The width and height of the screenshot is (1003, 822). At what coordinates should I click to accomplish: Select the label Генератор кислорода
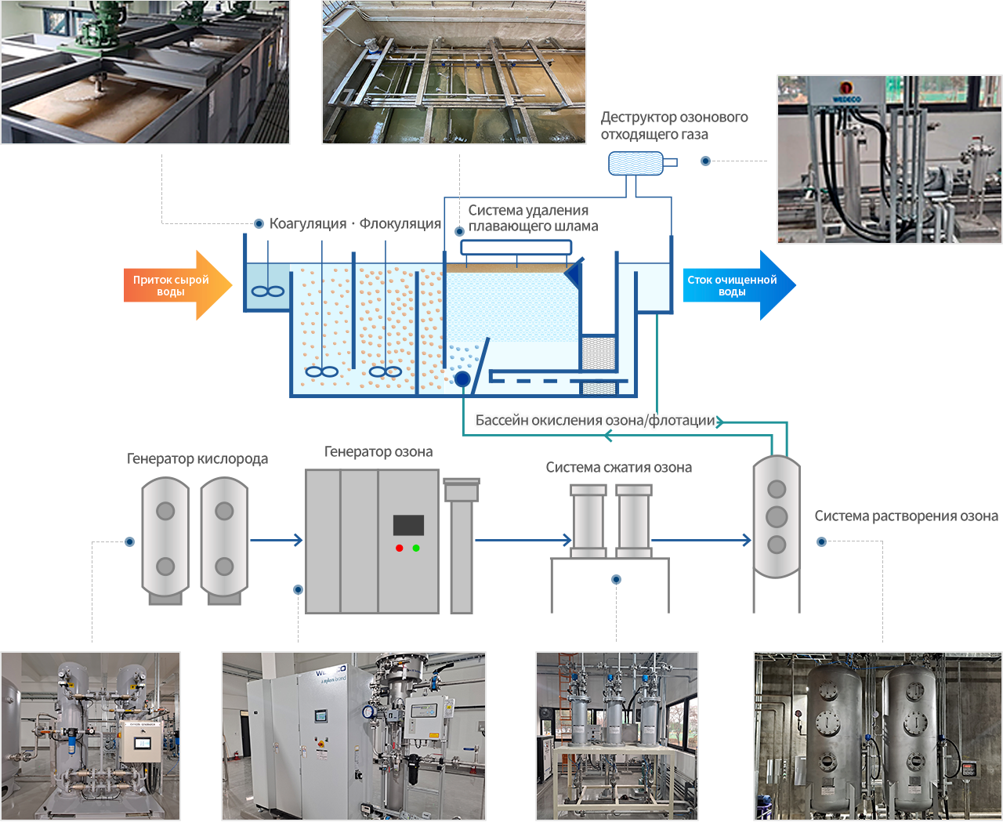tap(197, 459)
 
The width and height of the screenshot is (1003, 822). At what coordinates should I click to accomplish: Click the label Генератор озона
tap(378, 452)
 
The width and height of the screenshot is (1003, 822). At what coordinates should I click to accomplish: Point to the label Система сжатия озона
tap(618, 468)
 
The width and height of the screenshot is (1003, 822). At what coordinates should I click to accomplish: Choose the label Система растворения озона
tap(906, 516)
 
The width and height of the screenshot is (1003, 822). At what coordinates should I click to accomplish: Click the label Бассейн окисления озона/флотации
tap(596, 421)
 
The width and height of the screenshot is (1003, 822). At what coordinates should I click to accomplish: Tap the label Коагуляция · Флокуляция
tap(355, 224)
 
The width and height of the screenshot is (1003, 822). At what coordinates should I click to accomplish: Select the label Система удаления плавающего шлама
tap(533, 219)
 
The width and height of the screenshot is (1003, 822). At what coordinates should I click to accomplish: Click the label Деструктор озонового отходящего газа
tap(674, 126)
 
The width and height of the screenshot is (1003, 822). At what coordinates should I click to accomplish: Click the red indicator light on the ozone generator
tap(400, 548)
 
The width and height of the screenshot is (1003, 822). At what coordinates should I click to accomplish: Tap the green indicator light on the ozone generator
tap(416, 548)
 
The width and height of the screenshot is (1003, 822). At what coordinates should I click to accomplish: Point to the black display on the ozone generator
tap(408, 525)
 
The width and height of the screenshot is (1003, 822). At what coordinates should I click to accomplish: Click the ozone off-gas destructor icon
tap(638, 163)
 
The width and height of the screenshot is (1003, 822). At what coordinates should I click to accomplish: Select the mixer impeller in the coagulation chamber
tap(267, 292)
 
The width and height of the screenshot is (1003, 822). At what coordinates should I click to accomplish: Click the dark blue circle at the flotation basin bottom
tap(462, 379)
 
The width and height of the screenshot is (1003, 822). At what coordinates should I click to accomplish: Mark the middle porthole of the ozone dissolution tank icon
tap(777, 516)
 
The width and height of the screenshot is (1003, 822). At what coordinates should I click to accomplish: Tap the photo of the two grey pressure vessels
tap(878, 737)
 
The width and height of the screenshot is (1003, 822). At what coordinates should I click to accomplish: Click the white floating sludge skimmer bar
tap(516, 248)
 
